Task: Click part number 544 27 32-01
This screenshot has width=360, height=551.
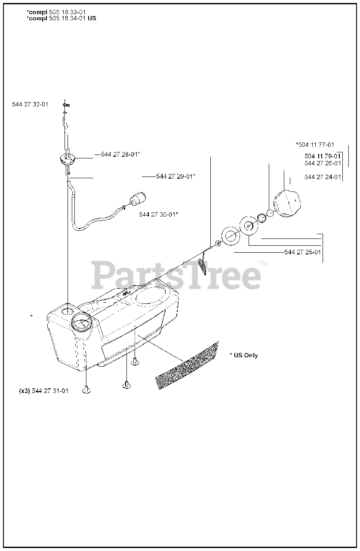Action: (x=30, y=104)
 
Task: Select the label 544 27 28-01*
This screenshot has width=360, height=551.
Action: (x=120, y=155)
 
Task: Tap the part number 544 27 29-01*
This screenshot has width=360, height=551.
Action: (x=176, y=176)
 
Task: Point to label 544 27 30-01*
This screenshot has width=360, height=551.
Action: (x=159, y=214)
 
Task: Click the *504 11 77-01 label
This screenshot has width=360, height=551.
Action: (x=315, y=145)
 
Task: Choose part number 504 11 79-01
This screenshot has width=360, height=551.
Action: (x=323, y=156)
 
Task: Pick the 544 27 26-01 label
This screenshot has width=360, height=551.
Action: (x=323, y=163)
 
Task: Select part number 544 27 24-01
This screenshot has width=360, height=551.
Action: (x=323, y=177)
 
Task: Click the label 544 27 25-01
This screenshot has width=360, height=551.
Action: (x=302, y=252)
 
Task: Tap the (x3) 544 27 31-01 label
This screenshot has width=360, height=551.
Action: (x=44, y=391)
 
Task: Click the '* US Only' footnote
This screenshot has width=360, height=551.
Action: (x=243, y=356)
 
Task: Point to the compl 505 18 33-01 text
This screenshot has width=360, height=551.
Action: (x=56, y=12)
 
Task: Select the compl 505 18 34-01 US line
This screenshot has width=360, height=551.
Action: (x=62, y=18)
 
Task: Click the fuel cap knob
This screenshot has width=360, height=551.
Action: (x=287, y=204)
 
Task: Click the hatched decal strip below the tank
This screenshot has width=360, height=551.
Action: (x=187, y=365)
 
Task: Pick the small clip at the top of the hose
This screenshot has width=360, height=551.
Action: (x=66, y=105)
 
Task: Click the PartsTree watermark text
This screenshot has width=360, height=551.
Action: (x=176, y=275)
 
